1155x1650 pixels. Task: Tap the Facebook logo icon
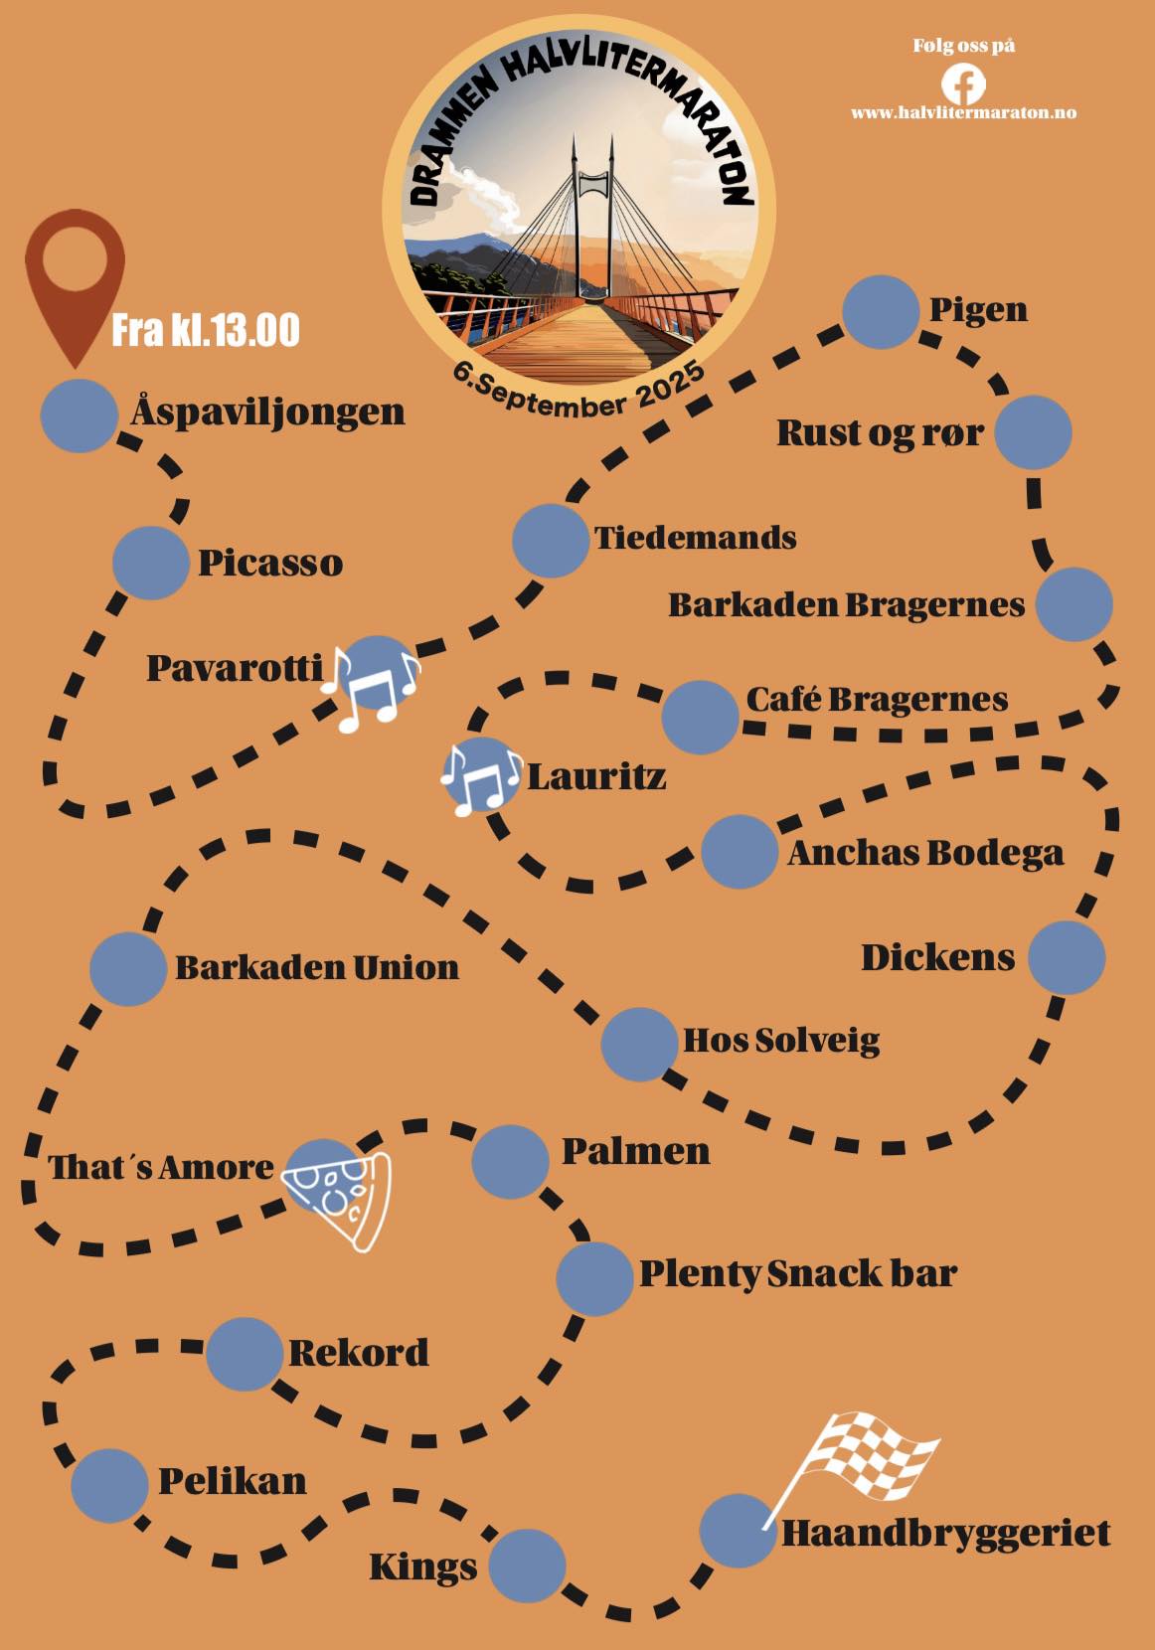click(x=963, y=83)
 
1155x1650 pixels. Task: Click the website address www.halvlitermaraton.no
click(x=963, y=112)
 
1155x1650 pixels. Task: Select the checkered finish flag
click(x=863, y=1461)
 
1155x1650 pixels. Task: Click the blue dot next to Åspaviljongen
click(x=79, y=415)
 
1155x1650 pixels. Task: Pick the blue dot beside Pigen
click(x=880, y=311)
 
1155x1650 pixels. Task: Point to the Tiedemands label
click(x=696, y=538)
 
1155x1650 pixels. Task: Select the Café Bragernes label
click(x=877, y=699)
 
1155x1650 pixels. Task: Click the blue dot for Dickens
click(x=1066, y=957)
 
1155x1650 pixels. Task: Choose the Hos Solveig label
click(x=781, y=1041)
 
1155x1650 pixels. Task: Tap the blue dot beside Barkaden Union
click(x=128, y=969)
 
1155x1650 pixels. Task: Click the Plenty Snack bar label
click(x=797, y=1273)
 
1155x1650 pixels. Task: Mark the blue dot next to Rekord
click(x=245, y=1353)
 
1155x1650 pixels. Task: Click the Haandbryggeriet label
click(x=945, y=1533)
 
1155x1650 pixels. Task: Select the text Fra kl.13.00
click(x=206, y=330)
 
